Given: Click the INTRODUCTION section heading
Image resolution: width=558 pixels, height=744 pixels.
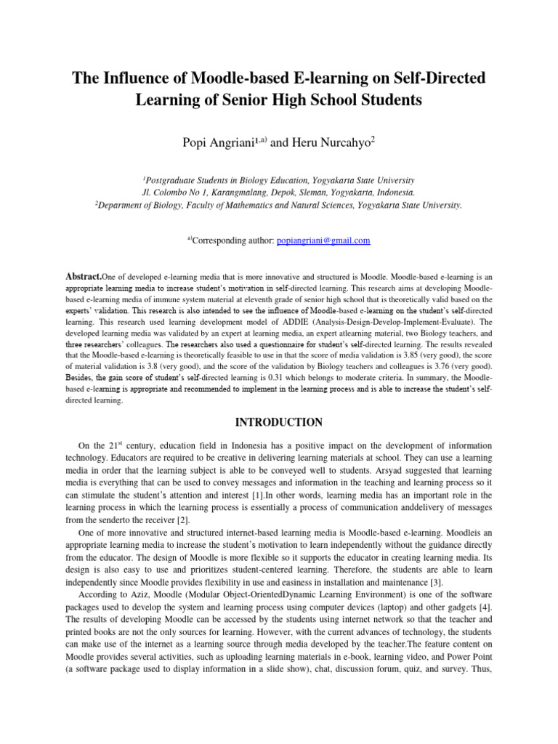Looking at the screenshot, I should click(x=278, y=421).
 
